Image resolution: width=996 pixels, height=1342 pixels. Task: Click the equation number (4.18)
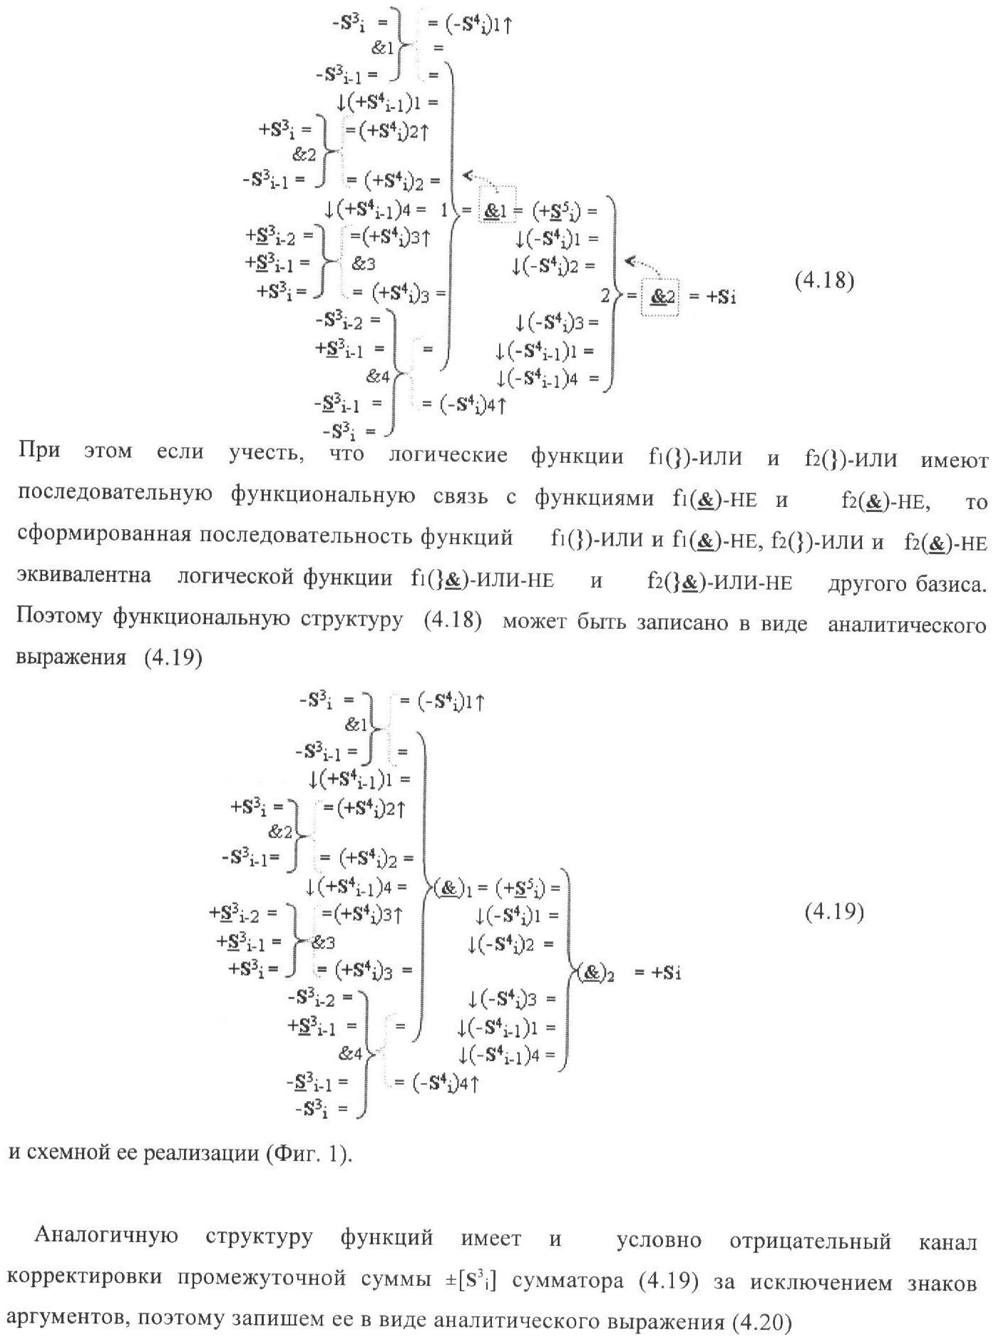pos(824,281)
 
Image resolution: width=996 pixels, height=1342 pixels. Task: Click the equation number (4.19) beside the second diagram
pos(834,912)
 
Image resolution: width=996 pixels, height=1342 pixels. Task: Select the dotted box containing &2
pos(660,296)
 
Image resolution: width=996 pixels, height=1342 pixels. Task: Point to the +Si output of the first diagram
pos(722,297)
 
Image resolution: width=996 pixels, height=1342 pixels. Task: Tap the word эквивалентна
pos(83,576)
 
